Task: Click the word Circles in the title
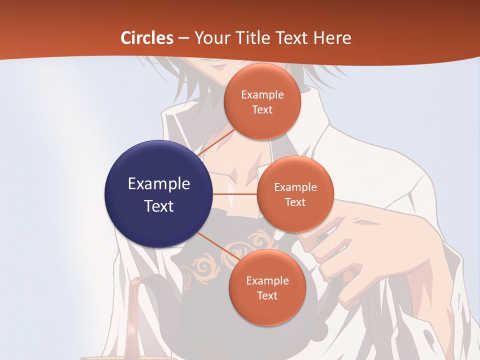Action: [147, 38]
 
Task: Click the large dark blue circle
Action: [158, 194]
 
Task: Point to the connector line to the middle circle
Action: [235, 194]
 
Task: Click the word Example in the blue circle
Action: [158, 183]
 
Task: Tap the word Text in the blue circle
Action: [158, 206]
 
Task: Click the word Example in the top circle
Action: [262, 94]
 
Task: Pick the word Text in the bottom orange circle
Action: [267, 295]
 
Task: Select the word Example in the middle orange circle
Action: [295, 187]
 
